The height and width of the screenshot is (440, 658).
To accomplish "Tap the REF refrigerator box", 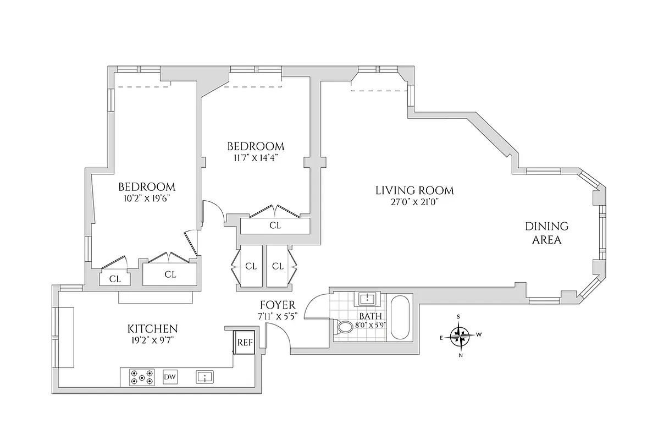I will pos(245,342).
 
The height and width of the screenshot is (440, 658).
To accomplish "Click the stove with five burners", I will pos(141,377).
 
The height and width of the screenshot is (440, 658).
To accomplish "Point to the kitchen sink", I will pos(204,377).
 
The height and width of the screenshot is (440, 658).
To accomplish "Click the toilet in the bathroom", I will pos(345,328).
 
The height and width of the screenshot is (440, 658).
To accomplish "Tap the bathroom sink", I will pos(367,299).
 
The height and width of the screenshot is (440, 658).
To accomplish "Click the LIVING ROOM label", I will pos(414,191).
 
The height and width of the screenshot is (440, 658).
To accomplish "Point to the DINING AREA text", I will pos(546,233).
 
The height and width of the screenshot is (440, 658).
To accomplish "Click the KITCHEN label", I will pos(153,329).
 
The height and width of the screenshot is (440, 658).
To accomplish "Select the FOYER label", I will pos(278,305).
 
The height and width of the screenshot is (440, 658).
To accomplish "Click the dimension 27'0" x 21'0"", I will pos(414,202).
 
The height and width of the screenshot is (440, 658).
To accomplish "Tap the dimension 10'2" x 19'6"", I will pos(146,198).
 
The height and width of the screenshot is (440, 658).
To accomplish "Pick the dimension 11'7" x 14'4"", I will pos(256,157).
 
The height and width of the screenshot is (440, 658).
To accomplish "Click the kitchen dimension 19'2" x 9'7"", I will pos(153,340).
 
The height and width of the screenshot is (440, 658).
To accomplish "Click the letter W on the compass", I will pos(479,334).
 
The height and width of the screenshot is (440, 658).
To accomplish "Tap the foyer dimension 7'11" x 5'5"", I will pos(278,316).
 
